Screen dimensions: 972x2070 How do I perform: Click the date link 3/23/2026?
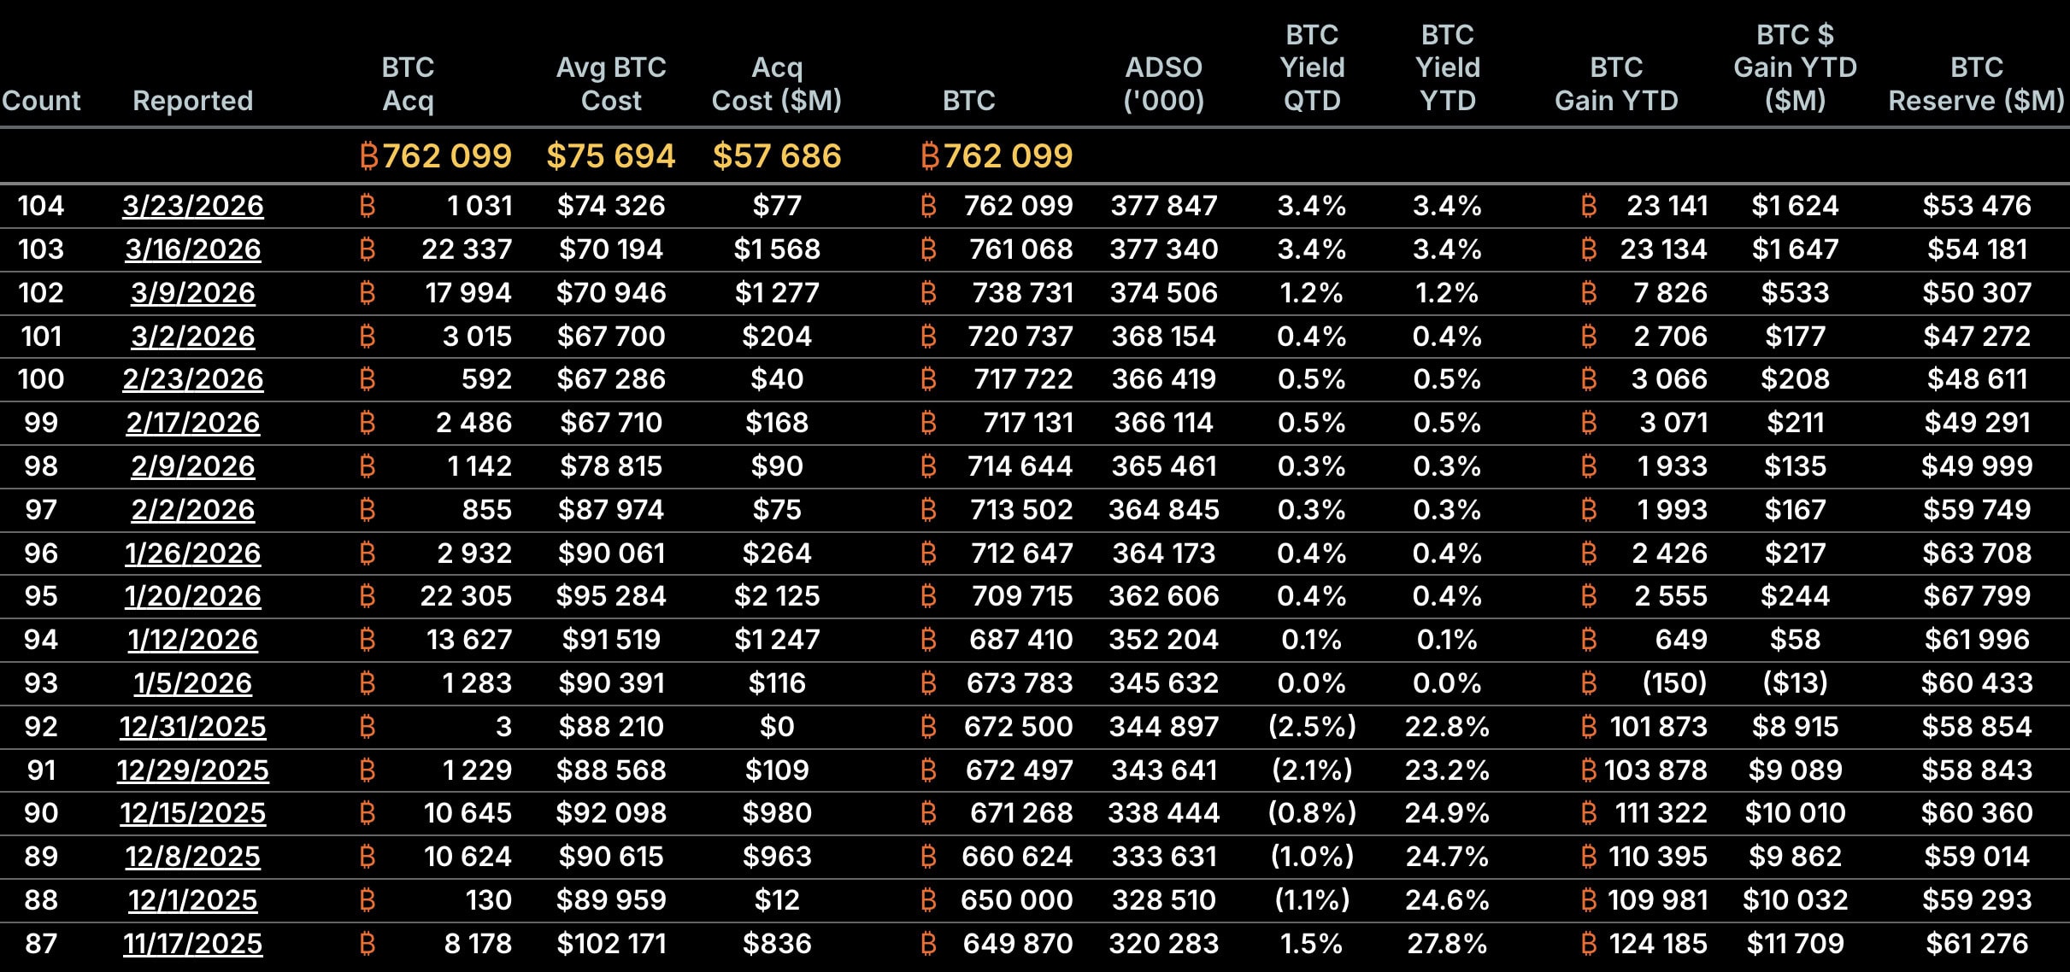(x=192, y=206)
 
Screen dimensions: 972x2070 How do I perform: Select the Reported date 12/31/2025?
(x=192, y=727)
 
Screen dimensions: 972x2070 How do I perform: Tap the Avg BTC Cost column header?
(x=610, y=84)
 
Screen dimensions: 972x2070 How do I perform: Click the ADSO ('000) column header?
(x=1163, y=84)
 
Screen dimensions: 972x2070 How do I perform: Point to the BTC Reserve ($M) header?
(x=1976, y=84)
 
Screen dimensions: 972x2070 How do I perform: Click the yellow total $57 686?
(x=776, y=156)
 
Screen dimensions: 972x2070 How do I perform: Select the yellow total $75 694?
(x=610, y=156)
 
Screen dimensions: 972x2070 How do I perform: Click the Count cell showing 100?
(x=41, y=379)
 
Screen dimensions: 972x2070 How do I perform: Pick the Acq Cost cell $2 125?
(x=776, y=596)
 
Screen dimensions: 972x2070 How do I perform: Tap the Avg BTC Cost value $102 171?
(x=610, y=944)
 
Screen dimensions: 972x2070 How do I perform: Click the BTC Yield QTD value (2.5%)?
(x=1312, y=727)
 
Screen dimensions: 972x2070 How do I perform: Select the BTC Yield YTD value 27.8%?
(x=1447, y=944)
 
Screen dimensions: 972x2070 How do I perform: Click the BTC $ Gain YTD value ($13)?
(x=1795, y=683)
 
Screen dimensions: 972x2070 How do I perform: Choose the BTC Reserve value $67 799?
(x=1976, y=596)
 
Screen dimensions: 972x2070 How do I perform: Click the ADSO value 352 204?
(x=1163, y=640)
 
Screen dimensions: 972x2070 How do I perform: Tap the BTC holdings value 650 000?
(x=1016, y=900)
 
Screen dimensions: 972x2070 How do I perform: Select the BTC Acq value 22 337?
(x=466, y=249)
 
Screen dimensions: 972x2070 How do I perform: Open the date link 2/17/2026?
(x=192, y=423)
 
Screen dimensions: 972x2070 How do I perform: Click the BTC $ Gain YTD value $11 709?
(x=1795, y=944)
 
